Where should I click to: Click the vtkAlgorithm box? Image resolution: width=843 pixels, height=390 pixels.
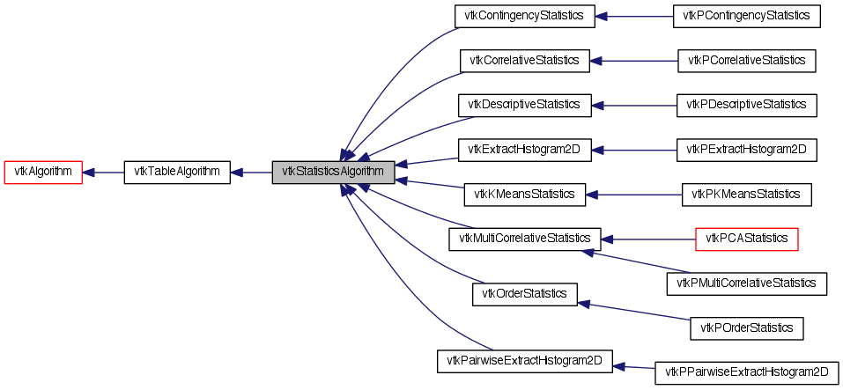[x=43, y=173]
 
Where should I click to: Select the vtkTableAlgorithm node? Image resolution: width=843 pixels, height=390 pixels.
[x=177, y=173]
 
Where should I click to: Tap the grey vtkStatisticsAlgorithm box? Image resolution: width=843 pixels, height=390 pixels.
[x=333, y=173]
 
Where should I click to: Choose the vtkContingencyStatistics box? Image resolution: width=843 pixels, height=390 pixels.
[x=524, y=16]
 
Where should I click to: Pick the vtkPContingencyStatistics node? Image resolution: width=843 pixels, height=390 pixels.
[x=746, y=16]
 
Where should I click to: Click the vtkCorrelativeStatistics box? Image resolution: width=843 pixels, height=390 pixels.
[x=524, y=61]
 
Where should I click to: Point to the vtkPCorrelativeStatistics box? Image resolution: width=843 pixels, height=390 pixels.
[x=747, y=61]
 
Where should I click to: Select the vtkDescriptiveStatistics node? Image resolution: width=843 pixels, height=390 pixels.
[x=524, y=105]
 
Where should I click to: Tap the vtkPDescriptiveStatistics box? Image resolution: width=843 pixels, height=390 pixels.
[x=747, y=105]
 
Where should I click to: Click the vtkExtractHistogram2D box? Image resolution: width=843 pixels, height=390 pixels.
[x=524, y=150]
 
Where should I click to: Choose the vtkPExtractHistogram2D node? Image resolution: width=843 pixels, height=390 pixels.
[x=747, y=150]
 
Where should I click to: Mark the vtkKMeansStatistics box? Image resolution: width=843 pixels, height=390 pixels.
[x=524, y=195]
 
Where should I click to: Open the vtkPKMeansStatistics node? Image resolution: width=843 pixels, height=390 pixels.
[x=747, y=195]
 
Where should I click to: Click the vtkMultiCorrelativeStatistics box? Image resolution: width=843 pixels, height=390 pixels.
[x=524, y=239]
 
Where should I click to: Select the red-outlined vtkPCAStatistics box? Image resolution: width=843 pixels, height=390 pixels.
[x=747, y=239]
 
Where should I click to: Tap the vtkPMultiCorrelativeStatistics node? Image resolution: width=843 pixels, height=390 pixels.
[x=747, y=283]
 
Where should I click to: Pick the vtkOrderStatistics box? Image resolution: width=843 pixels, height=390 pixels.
[x=524, y=293]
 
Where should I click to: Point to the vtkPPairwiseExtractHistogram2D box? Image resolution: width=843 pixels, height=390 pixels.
[x=747, y=372]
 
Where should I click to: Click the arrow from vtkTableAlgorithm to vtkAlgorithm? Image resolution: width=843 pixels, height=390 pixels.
[x=103, y=173]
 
